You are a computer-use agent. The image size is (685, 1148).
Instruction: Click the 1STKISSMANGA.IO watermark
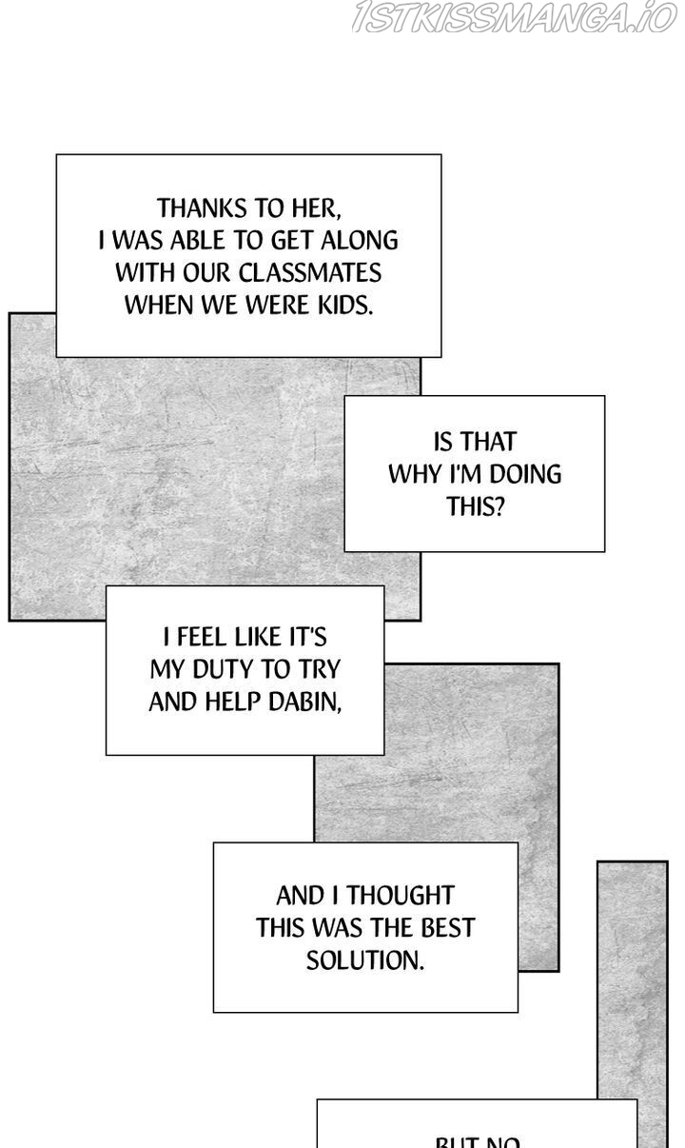(514, 17)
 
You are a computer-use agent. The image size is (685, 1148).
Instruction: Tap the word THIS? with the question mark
(475, 506)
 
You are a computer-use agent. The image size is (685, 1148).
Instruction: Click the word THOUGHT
(400, 896)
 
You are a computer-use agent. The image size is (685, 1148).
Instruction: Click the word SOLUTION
(365, 960)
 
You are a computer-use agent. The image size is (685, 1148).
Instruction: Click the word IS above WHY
(442, 442)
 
